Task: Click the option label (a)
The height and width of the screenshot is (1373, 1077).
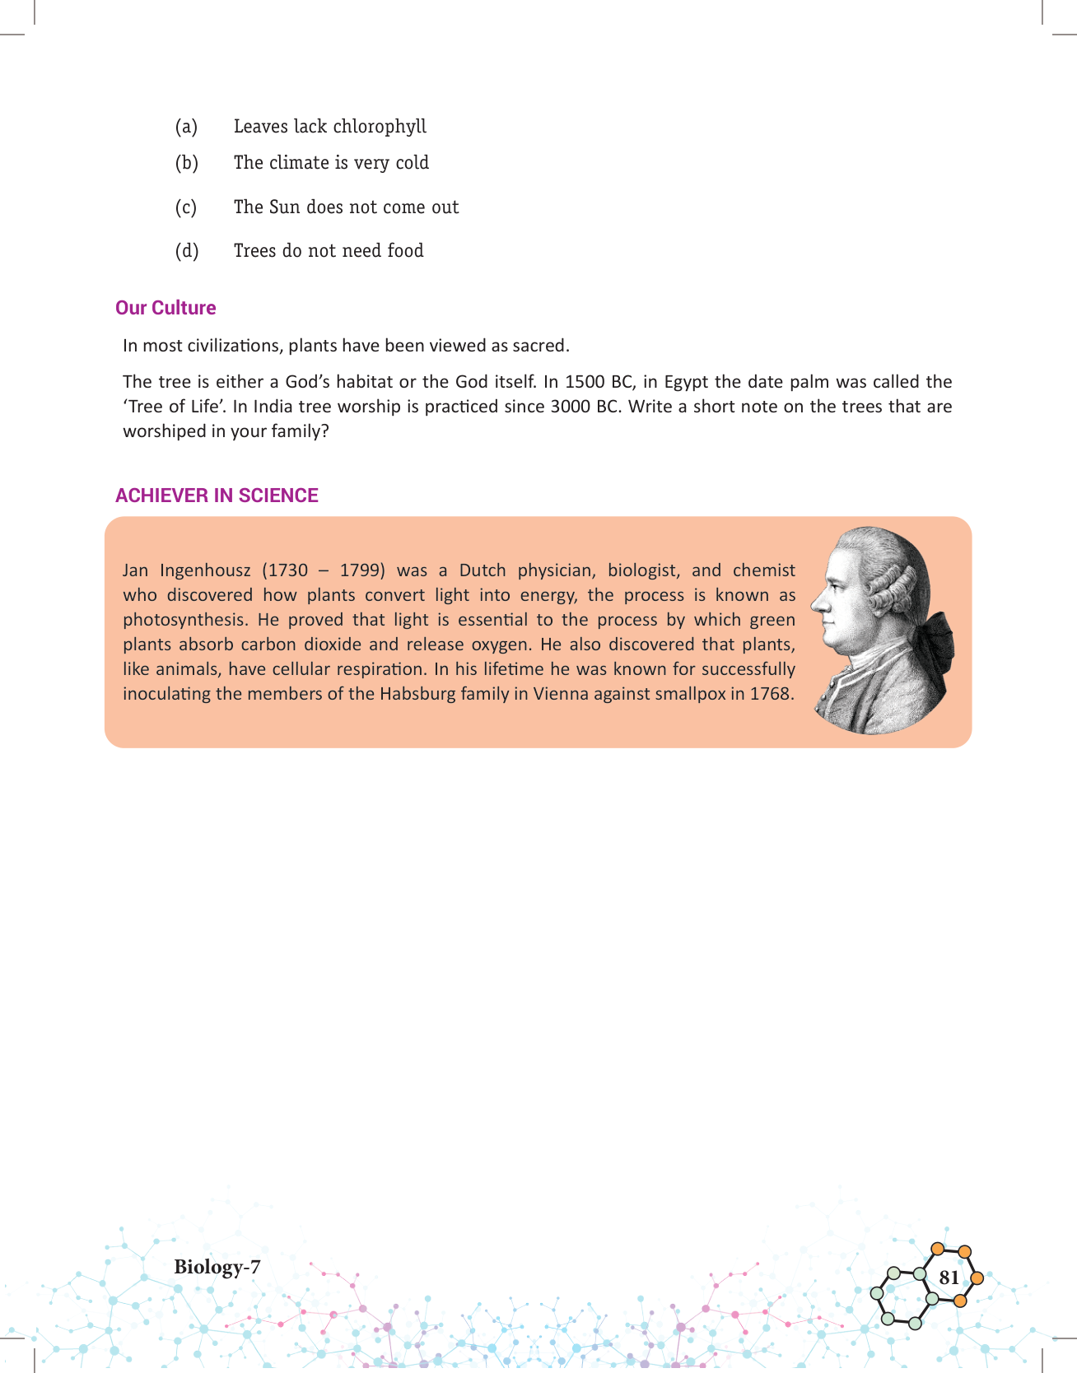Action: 186,127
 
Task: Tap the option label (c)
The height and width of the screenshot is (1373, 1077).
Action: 186,207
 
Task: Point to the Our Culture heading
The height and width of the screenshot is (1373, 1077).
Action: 166,308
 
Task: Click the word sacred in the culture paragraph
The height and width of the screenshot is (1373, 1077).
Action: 540,346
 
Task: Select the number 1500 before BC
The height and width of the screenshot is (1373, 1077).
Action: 584,382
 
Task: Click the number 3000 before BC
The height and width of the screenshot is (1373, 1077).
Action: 571,407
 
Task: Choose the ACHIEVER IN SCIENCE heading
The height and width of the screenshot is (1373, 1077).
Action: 217,496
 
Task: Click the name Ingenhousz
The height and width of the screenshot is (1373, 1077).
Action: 205,570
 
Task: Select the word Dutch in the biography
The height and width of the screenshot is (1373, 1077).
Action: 483,570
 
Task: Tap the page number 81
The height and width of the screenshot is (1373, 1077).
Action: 949,1278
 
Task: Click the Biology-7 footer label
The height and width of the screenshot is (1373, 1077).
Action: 217,1267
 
